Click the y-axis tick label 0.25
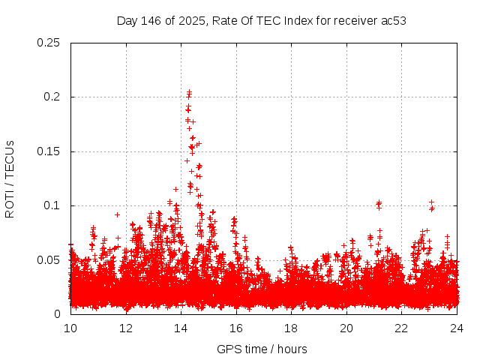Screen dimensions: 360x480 click(49, 43)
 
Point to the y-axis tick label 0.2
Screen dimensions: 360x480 click(52, 97)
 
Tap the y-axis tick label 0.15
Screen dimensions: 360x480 click(49, 151)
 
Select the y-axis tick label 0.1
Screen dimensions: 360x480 click(52, 205)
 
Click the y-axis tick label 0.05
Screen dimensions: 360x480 click(49, 260)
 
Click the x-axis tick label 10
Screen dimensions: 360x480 click(70, 328)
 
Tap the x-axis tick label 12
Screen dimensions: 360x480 click(126, 328)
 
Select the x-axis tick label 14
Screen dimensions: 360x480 click(181, 328)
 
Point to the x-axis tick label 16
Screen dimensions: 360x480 click(236, 328)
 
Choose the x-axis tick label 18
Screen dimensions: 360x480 click(291, 328)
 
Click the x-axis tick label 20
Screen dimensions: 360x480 click(346, 328)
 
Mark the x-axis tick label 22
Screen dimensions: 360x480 click(401, 328)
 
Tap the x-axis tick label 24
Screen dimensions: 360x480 click(457, 328)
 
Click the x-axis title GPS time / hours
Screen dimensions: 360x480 click(262, 349)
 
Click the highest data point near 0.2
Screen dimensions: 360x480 click(189, 91)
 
